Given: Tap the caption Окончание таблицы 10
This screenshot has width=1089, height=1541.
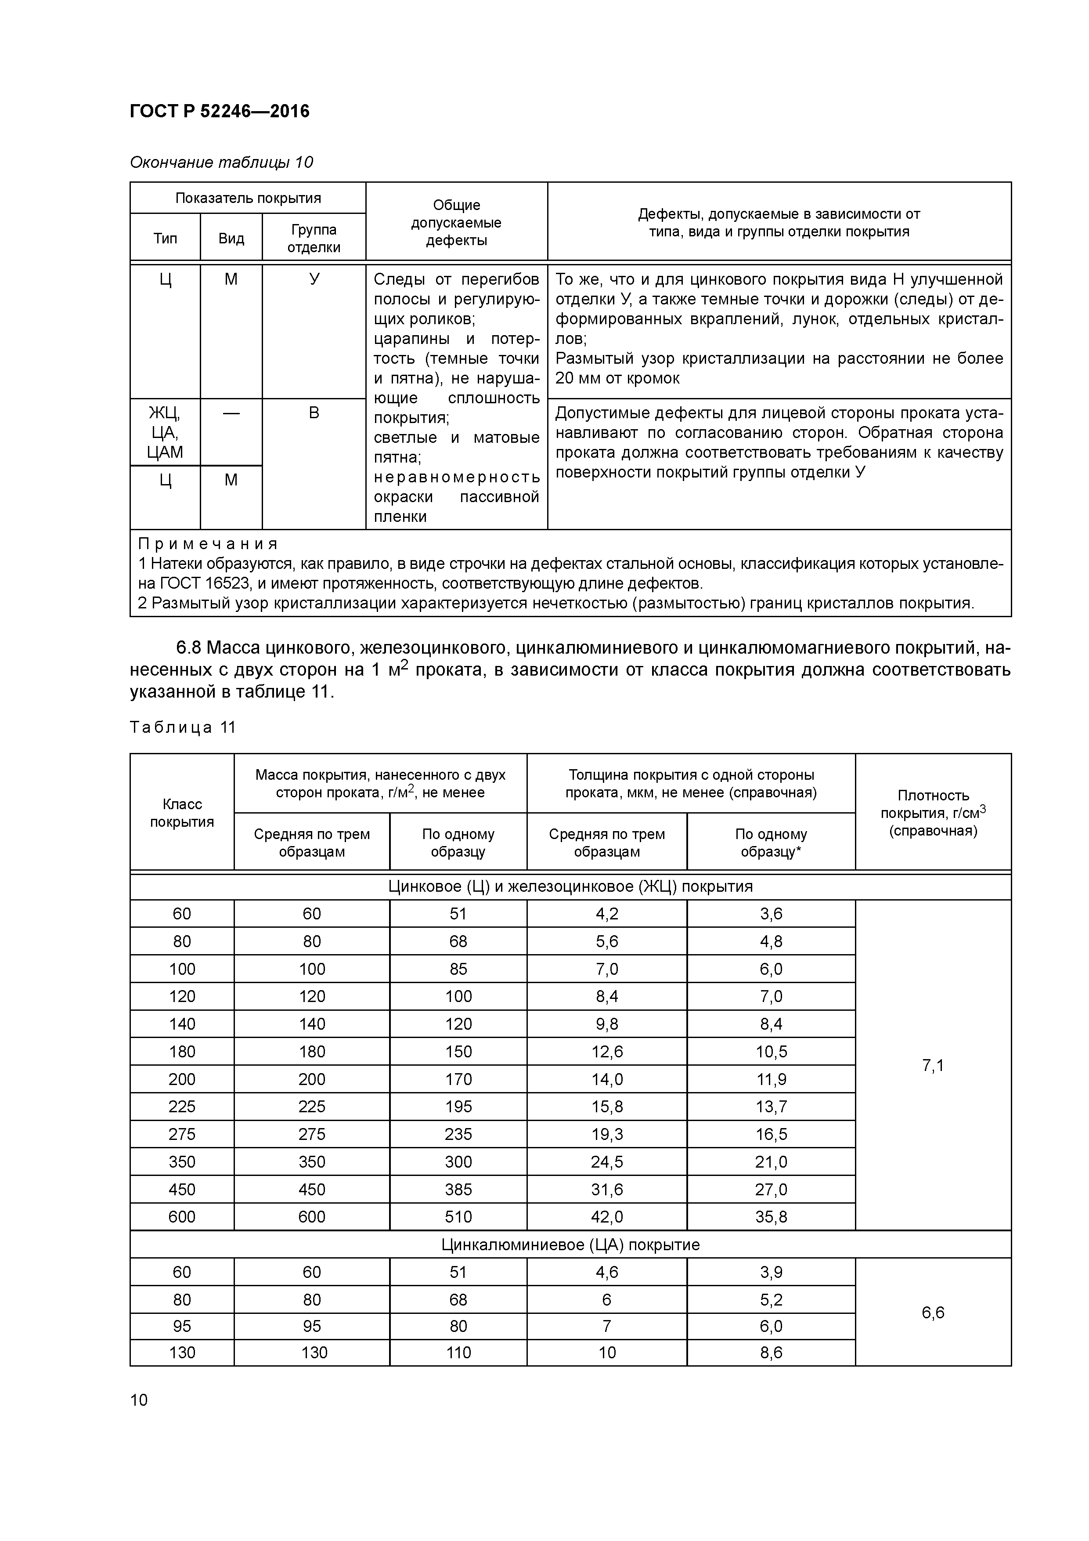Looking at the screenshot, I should pos(221,163).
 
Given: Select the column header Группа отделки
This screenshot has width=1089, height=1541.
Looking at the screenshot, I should pos(314,238).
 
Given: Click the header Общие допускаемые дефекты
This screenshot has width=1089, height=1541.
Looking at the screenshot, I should pos(456,222).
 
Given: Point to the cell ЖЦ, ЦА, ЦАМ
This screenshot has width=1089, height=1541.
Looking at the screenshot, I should pos(165,431).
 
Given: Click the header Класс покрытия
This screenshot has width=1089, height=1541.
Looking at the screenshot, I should pos(182,813).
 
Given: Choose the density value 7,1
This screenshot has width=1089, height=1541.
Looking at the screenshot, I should pos(933,1065).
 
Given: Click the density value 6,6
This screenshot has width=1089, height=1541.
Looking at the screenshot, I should pos(933,1312).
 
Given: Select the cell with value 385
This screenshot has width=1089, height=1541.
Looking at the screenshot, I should pos(458,1189).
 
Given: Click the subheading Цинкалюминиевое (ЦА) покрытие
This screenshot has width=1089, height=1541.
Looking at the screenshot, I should pos(570,1244).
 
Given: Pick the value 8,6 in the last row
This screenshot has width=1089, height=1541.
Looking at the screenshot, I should pos(771,1353).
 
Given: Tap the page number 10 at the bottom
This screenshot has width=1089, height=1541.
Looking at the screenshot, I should pos(139,1400).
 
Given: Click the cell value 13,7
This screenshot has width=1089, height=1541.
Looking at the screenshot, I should pos(771,1107).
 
